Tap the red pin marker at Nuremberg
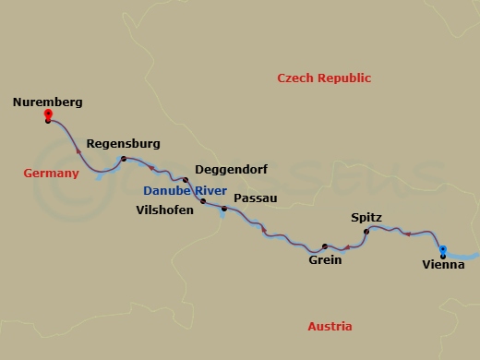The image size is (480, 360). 48,115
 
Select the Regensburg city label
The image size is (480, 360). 123,144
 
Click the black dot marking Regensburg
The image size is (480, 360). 124,160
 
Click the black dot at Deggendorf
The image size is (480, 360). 186,180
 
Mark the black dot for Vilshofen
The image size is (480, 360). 203,200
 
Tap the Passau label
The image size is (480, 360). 256,198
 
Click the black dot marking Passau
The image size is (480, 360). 224,209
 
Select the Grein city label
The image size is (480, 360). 325,260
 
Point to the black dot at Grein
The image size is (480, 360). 325,246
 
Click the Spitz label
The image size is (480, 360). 366,218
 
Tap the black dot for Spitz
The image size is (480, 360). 366,231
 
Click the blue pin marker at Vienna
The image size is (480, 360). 443,249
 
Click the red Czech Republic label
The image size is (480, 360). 324,78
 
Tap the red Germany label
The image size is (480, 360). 51,173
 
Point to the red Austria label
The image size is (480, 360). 330,327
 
